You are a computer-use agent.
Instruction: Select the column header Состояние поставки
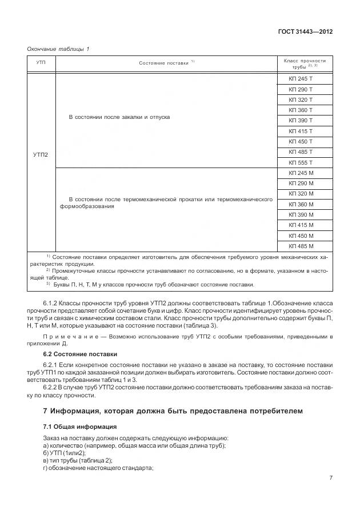(166, 63)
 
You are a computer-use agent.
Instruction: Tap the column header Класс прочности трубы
(304, 63)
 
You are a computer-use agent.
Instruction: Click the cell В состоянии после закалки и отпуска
(119, 117)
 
